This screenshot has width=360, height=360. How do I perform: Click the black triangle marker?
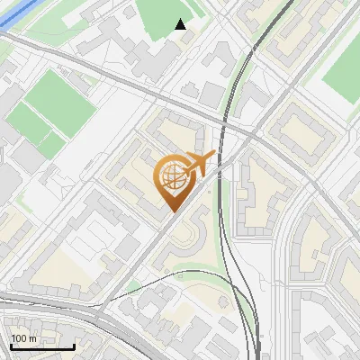point(181,24)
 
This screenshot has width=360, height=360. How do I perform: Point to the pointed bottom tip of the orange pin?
point(173,211)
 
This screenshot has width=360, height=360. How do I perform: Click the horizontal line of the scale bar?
point(41,347)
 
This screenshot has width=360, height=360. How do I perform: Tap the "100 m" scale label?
point(24,338)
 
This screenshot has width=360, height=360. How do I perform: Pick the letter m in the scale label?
point(32,339)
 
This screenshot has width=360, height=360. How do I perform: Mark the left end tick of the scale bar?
point(10,345)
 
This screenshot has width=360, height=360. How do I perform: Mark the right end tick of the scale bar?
point(74,345)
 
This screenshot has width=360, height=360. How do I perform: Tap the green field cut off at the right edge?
point(342,72)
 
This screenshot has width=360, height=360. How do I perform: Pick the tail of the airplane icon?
point(184,168)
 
